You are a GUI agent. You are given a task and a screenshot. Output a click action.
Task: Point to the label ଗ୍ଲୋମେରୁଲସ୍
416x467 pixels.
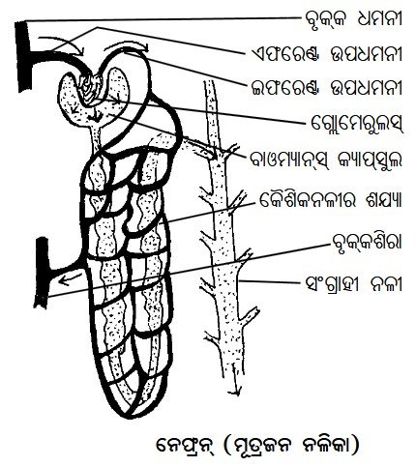click(357, 123)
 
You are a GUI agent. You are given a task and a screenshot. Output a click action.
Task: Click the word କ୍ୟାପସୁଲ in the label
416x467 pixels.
click(370, 160)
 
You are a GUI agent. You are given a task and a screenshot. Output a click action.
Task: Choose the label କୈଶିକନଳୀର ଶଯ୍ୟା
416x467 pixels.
click(330, 201)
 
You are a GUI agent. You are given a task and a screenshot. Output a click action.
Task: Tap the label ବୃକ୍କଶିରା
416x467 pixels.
click(367, 243)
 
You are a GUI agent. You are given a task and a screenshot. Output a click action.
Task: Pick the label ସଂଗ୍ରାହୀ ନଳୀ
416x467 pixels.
click(354, 283)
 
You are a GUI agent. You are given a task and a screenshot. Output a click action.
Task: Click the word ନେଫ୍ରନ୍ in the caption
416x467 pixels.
click(185, 446)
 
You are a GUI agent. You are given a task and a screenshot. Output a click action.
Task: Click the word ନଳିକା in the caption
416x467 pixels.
click(324, 445)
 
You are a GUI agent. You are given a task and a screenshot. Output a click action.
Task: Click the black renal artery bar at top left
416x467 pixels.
click(23, 55)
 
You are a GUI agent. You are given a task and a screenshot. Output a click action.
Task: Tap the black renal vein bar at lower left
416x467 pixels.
click(42, 273)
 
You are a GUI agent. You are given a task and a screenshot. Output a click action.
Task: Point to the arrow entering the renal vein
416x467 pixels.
click(70, 279)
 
